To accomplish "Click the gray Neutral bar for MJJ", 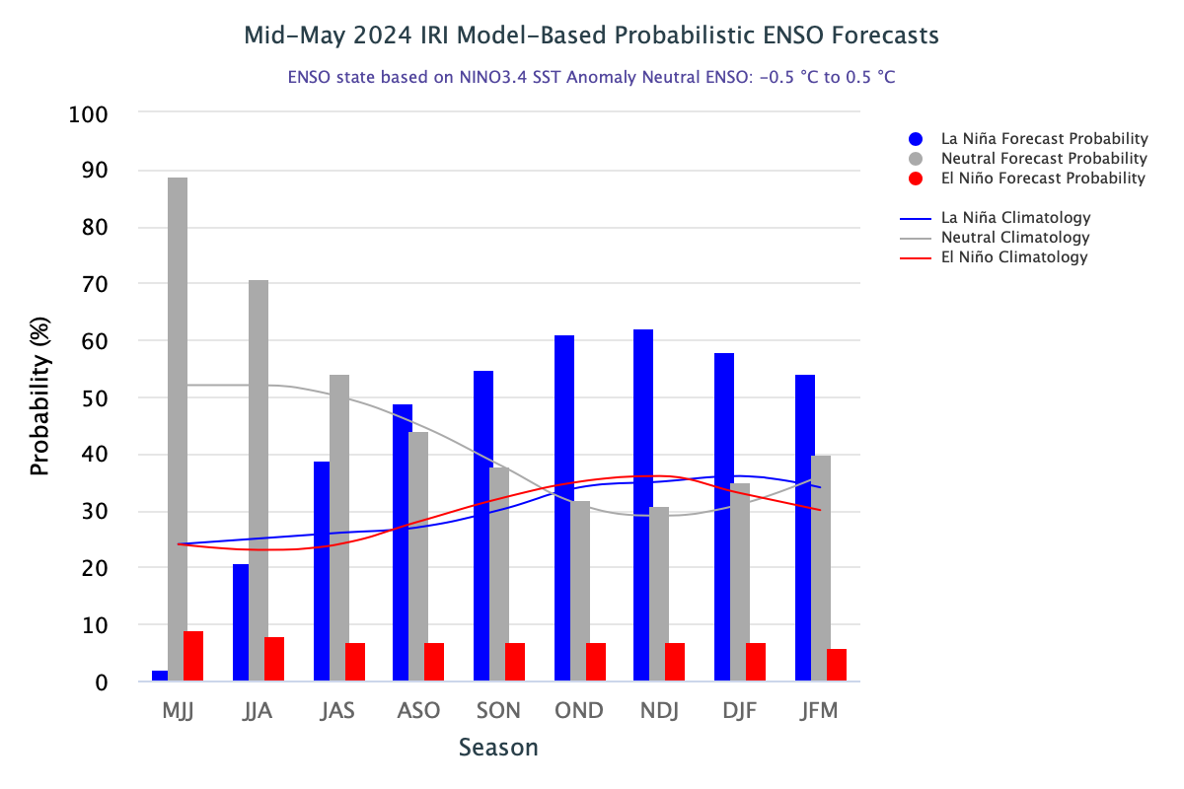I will click(178, 429).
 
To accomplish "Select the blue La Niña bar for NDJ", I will click(643, 505).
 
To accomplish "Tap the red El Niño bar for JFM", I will click(837, 665).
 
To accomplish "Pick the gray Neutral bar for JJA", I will click(259, 480).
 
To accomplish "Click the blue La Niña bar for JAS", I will click(322, 571).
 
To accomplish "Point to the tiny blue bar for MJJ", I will click(160, 676).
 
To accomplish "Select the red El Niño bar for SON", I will click(515, 662).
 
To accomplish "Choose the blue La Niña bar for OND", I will click(564, 508).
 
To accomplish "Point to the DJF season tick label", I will click(739, 711).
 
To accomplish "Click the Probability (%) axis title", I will click(39, 397).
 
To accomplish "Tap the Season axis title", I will click(498, 748).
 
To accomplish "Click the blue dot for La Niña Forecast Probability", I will click(916, 139).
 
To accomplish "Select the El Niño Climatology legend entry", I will click(1014, 257).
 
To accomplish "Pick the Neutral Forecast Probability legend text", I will click(1044, 159).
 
